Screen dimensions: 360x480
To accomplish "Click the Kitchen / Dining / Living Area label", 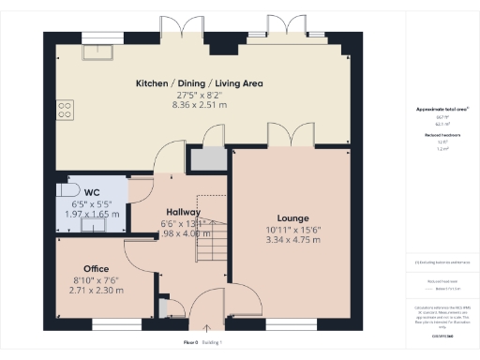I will coord(199,83).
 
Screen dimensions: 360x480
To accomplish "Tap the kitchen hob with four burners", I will coord(66,112).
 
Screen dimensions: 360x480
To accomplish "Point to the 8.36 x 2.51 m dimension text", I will coord(199,106).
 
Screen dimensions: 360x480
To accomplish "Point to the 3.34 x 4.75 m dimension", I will coord(292,240).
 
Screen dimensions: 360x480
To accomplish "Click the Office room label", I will coord(96,268).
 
